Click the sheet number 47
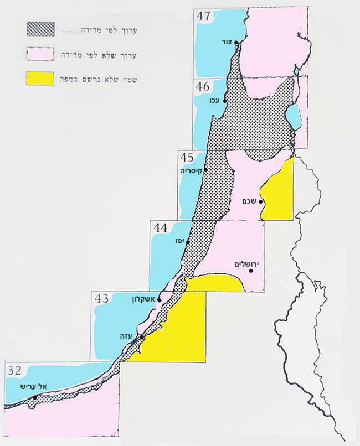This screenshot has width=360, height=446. click(x=203, y=15)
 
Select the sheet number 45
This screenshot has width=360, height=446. click(x=187, y=158)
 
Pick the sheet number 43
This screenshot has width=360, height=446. click(x=101, y=299)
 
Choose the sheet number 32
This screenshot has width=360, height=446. click(x=14, y=369)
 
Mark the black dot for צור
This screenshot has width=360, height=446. click(x=236, y=43)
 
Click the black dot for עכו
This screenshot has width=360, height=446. click(x=224, y=101)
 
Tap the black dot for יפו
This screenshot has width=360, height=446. click(x=188, y=242)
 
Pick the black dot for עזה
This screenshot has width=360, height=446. click(x=142, y=337)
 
